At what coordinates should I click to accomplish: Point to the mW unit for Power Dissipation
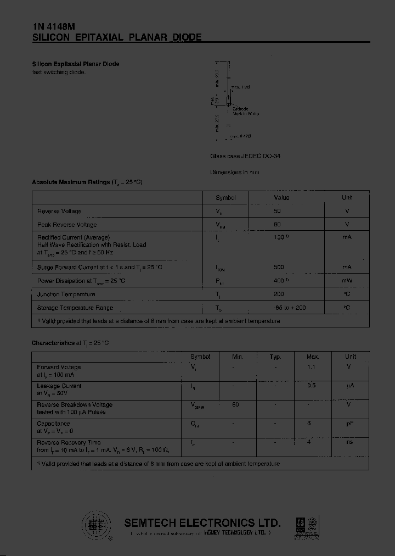tap(347, 281)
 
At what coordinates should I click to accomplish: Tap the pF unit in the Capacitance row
tap(350, 424)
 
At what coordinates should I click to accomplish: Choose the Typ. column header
tap(275, 357)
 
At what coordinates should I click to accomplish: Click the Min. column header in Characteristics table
tap(238, 357)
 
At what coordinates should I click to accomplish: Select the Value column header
tap(281, 198)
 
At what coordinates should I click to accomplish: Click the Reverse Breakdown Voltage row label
tap(75, 405)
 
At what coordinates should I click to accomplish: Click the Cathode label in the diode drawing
tap(240, 109)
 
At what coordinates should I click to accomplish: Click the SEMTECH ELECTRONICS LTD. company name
tap(202, 523)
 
